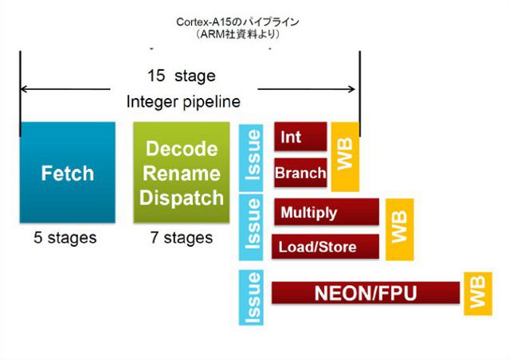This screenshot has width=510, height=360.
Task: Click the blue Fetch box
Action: tap(67, 172)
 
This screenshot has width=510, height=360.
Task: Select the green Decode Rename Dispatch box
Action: tap(182, 172)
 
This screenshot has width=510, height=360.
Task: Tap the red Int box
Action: tap(300, 136)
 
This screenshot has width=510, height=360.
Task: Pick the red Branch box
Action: tap(300, 173)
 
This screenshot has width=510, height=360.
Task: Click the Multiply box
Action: tap(327, 212)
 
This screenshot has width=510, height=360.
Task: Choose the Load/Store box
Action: tap(325, 246)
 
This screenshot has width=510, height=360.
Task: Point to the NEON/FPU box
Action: tap(366, 292)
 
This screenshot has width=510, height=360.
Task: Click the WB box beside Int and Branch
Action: tap(345, 157)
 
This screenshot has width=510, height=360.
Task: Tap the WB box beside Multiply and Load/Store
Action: tap(399, 229)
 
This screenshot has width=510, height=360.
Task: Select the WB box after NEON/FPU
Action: tap(478, 294)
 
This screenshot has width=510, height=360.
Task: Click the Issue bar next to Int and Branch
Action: tap(251, 158)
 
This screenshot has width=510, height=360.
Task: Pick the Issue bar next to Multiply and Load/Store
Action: tap(251, 227)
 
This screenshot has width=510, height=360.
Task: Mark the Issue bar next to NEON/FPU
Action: tap(251, 297)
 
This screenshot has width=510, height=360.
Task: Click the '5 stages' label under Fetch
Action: tap(65, 237)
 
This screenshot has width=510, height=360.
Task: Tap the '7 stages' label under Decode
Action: tap(182, 237)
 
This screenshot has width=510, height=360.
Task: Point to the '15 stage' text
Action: tap(182, 76)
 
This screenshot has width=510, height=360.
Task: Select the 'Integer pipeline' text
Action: tap(183, 102)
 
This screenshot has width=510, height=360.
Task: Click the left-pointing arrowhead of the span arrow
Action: tap(23, 88)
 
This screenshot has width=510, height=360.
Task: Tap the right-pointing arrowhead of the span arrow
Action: tap(351, 88)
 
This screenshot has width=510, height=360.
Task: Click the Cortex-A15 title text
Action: tap(237, 22)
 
